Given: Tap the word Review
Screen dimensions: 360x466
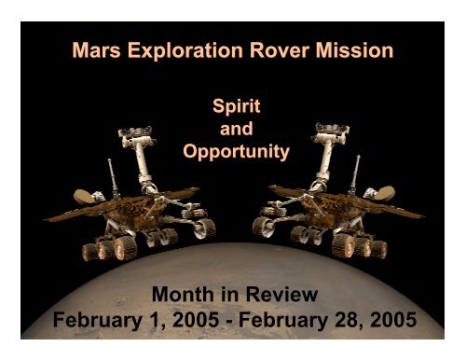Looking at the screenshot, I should coord(274,297).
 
